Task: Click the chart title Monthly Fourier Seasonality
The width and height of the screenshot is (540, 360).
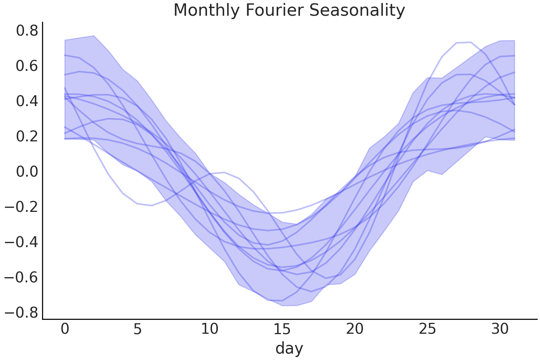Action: click(x=289, y=10)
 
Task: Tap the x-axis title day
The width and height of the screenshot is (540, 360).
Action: click(x=289, y=348)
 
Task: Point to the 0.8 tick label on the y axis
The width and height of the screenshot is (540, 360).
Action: click(x=27, y=31)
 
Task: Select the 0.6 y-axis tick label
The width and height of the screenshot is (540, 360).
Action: click(x=27, y=66)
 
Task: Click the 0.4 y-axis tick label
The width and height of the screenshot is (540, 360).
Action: click(x=27, y=101)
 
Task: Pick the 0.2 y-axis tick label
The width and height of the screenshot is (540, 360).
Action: click(x=27, y=136)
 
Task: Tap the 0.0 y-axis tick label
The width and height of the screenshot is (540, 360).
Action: click(x=27, y=172)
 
